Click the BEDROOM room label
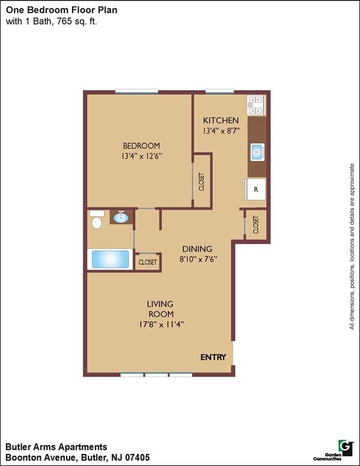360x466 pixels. pos(142,146)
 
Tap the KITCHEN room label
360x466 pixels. pos(221,120)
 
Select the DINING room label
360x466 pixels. pos(197,249)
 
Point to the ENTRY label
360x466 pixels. pos(213,357)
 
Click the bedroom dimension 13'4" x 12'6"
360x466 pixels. pos(142,156)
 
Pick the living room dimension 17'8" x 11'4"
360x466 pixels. pos(161,324)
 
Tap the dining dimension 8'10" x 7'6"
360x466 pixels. pos(197,259)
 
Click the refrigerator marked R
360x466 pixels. pos(256,189)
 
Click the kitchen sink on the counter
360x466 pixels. pos(257,152)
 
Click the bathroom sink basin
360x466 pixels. pos(121,217)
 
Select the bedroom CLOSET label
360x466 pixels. pos(202,181)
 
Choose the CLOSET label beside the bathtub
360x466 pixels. pos(148,262)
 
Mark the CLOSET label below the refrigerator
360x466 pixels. pos(256,225)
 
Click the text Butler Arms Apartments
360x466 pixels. pos(56,447)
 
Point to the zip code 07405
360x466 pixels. pos(137,458)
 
